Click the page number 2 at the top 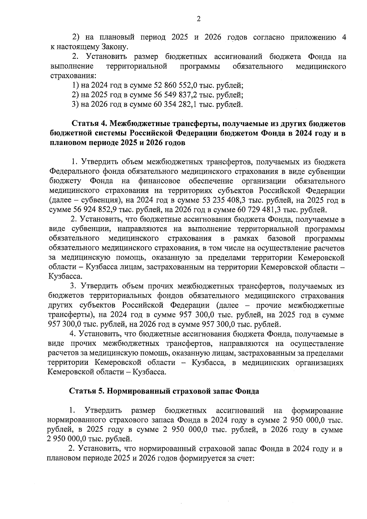pyautogui.click(x=198, y=20)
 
